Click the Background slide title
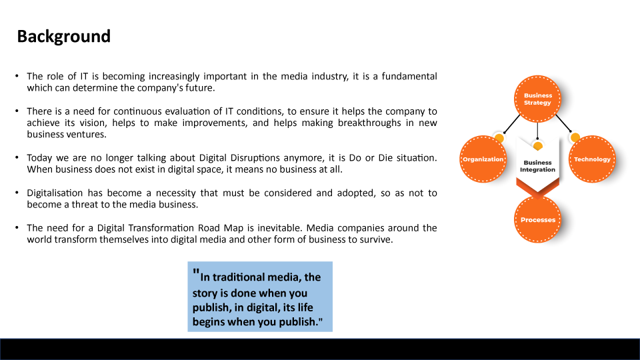click(64, 37)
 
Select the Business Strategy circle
click(537, 99)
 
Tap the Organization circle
click(483, 159)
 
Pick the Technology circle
click(592, 159)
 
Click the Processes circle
click(537, 219)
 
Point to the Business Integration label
click(537, 166)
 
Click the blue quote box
click(260, 297)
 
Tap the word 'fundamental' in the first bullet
click(409, 76)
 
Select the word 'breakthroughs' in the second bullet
click(369, 123)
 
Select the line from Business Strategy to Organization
click(512, 124)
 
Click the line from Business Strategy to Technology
click(564, 123)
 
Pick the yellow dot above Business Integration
click(538, 146)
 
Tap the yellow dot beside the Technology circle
click(575, 137)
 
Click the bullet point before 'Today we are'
click(17, 157)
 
